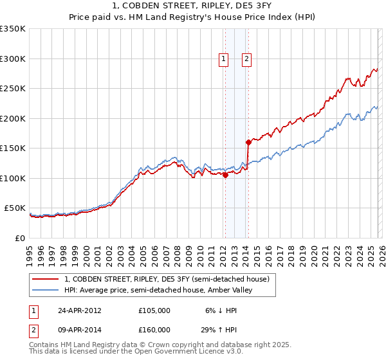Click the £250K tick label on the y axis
[x=13, y=89]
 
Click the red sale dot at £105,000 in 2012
[x=225, y=175]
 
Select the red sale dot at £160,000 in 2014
[x=248, y=142]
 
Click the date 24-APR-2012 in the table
[x=80, y=310]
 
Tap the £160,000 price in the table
[x=154, y=330]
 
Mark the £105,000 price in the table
[x=154, y=310]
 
